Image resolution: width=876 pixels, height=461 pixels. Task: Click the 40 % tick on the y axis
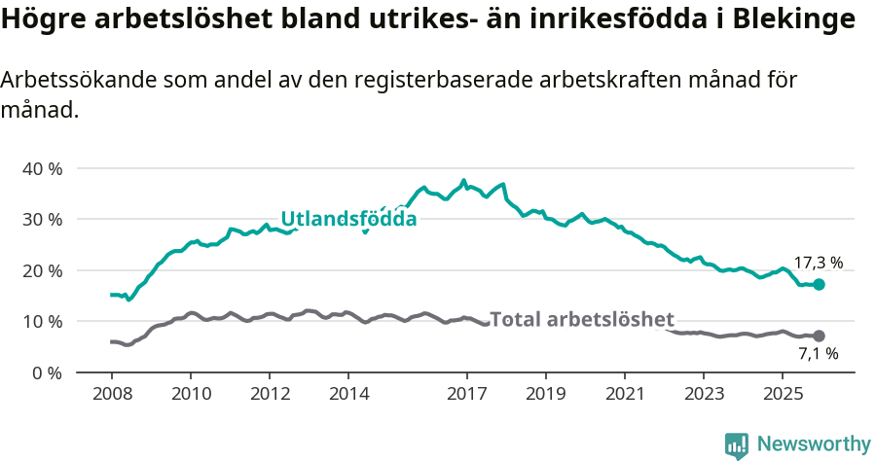click(42, 168)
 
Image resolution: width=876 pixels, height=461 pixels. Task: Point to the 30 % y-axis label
click(42, 220)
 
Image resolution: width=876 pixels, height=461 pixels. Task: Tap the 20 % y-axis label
click(42, 270)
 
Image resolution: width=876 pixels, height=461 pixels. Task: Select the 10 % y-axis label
click(42, 322)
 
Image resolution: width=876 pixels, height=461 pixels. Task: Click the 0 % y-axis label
click(47, 372)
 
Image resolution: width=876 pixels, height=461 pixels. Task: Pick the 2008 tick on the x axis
click(111, 394)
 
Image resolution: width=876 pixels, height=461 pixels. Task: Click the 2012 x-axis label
click(269, 394)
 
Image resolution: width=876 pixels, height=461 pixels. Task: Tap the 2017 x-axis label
click(466, 394)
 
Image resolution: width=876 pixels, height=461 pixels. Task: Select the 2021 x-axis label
click(624, 394)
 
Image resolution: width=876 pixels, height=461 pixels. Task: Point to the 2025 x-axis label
click(782, 394)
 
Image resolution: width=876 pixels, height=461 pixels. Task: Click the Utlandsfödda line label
click(348, 219)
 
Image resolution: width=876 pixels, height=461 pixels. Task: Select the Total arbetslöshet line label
click(582, 319)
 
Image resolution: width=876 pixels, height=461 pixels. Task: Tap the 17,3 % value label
click(819, 263)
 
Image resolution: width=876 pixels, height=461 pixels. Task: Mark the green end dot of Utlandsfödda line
click(819, 285)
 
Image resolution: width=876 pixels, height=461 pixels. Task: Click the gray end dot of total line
click(819, 337)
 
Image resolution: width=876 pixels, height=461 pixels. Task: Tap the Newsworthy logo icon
click(737, 445)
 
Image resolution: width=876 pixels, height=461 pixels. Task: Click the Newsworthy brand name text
click(814, 444)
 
